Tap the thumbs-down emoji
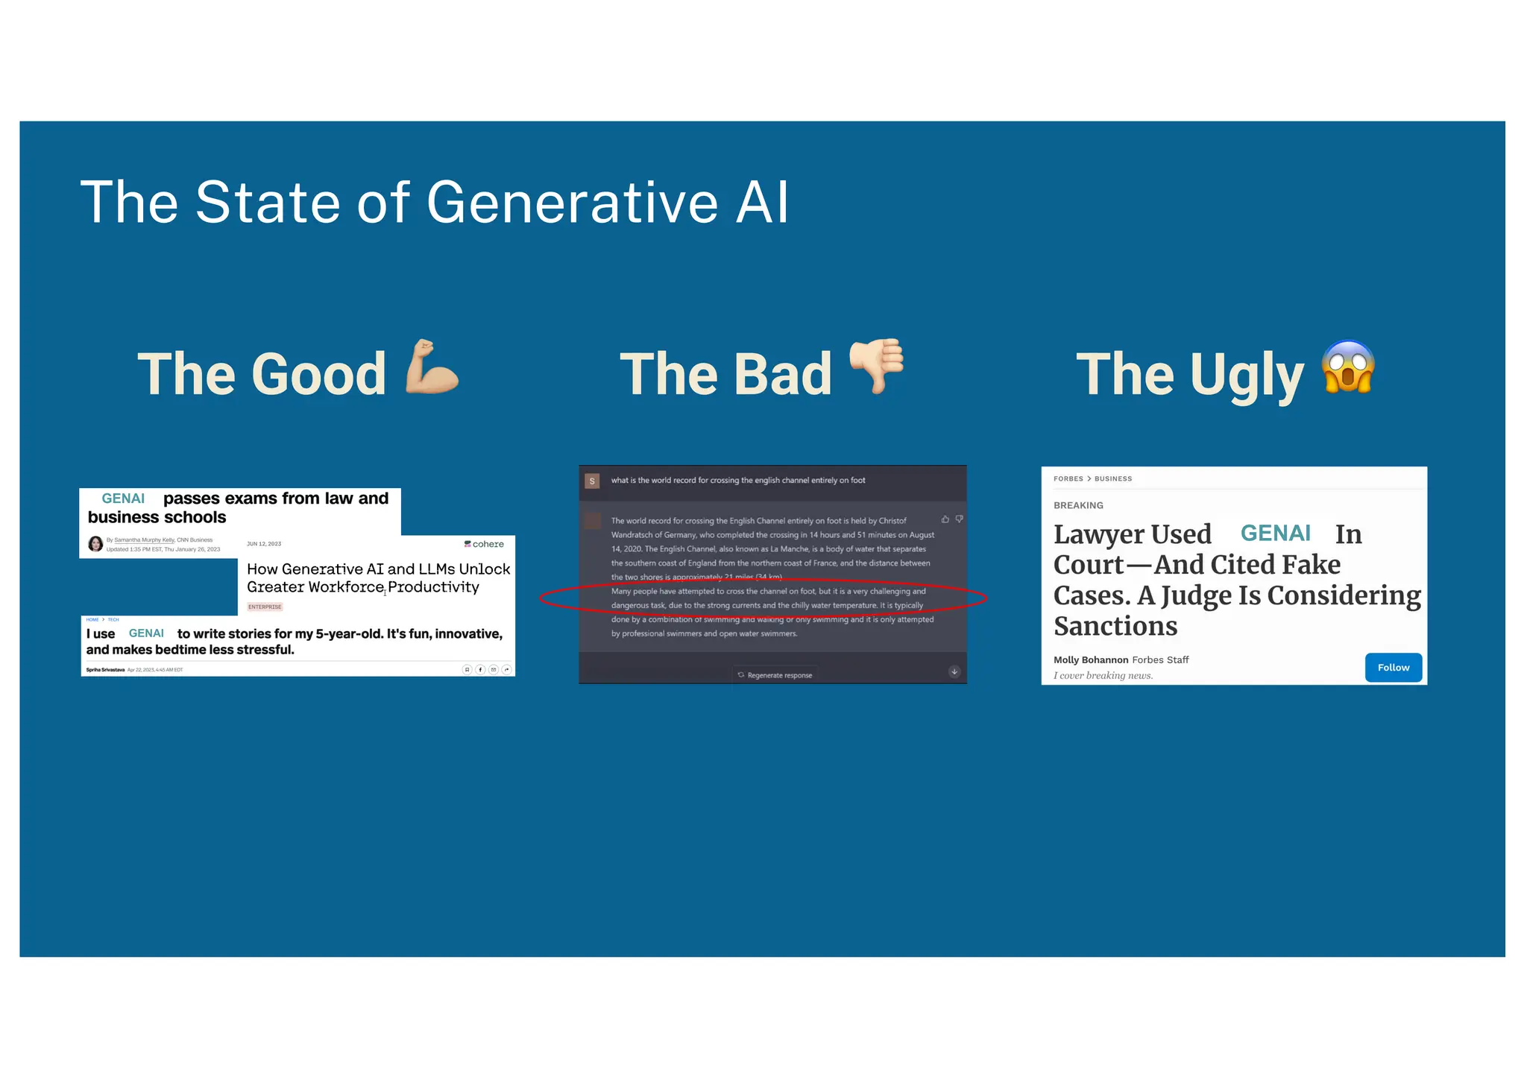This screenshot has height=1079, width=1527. [877, 364]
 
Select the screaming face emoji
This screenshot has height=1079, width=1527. [1347, 366]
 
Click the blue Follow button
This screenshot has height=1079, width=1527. [1393, 668]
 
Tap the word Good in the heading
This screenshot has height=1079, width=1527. [318, 374]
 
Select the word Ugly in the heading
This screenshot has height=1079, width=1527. [1247, 376]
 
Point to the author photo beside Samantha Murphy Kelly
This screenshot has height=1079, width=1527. [95, 544]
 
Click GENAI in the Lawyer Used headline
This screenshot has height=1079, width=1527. [1275, 534]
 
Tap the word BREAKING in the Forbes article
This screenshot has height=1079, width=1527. [1078, 505]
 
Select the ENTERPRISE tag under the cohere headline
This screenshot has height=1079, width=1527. [265, 607]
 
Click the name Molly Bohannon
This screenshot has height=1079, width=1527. [1090, 659]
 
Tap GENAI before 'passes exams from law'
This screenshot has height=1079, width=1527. [123, 499]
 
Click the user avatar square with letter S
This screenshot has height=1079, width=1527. [592, 481]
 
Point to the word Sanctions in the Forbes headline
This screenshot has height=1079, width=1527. [1115, 626]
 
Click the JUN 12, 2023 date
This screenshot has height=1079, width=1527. [264, 544]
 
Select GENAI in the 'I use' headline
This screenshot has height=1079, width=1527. [146, 633]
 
